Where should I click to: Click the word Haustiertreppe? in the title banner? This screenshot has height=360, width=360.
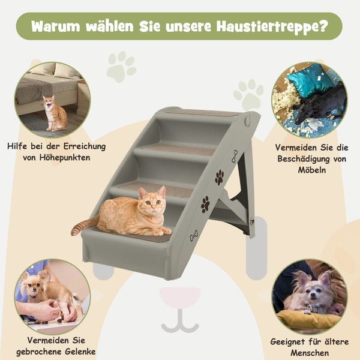[272, 26]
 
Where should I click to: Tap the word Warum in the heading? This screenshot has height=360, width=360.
[56, 26]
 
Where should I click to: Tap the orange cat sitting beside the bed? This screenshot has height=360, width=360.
[55, 113]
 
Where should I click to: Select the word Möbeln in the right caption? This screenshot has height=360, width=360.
[312, 170]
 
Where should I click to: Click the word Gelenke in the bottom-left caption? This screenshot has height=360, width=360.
[80, 352]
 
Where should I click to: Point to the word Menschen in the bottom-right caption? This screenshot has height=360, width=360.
[310, 353]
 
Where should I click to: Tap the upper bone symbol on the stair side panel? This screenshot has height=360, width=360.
[235, 157]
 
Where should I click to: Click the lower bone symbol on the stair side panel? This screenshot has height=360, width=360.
[194, 236]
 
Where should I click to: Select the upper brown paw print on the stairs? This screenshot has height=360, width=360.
[220, 177]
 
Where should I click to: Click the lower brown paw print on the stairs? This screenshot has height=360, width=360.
[205, 205]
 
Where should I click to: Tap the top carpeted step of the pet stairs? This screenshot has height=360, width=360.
[202, 113]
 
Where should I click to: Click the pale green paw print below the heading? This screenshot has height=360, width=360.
[121, 67]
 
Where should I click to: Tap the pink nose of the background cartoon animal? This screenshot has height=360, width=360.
[180, 297]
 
